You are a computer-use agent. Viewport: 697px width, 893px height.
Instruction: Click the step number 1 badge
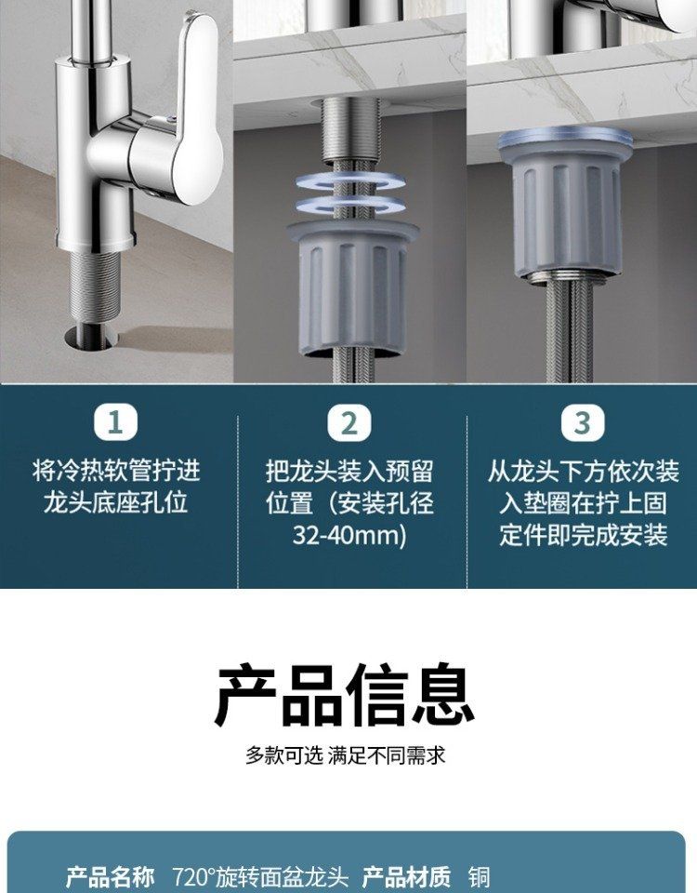[115, 422]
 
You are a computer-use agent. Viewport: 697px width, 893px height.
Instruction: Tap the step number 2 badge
[348, 422]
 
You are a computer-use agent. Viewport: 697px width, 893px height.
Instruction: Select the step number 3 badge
[582, 422]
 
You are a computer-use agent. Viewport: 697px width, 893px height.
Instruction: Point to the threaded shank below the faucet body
[95, 287]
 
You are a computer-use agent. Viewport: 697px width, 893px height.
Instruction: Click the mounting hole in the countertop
[91, 336]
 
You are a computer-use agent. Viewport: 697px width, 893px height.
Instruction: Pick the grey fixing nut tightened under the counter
[566, 202]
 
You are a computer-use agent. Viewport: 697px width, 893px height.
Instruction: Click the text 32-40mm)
[349, 536]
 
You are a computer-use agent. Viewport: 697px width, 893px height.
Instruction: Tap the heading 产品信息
[345, 695]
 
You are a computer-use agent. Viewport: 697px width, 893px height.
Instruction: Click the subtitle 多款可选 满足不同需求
[346, 755]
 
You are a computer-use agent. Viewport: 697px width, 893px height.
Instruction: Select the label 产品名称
[110, 876]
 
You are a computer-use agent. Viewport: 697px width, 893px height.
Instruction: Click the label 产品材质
[406, 876]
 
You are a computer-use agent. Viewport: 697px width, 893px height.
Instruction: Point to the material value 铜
[480, 876]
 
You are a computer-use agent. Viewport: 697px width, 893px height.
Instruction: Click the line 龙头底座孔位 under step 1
[115, 503]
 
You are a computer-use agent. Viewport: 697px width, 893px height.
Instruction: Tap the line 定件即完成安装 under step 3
[584, 536]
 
